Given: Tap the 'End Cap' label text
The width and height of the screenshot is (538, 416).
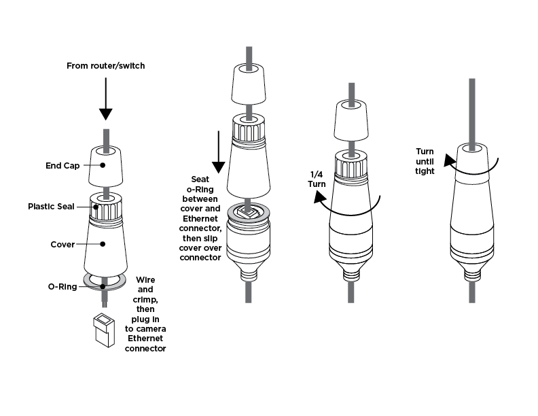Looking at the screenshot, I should [x=64, y=164].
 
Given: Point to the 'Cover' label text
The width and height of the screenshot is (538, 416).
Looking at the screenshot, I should [x=62, y=243].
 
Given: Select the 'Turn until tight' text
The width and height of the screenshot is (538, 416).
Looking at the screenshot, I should [x=425, y=160].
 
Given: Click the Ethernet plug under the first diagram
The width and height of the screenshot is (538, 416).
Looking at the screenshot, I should [x=105, y=330].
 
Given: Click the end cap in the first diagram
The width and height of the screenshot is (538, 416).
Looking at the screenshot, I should [x=105, y=167].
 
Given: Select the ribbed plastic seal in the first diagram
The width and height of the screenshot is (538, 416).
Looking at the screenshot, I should [x=105, y=207].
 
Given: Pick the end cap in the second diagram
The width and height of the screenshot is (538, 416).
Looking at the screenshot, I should [x=249, y=85].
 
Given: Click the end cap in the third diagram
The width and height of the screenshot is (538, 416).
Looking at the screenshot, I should [x=352, y=122].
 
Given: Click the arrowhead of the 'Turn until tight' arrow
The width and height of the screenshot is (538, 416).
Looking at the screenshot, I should [x=448, y=160].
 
